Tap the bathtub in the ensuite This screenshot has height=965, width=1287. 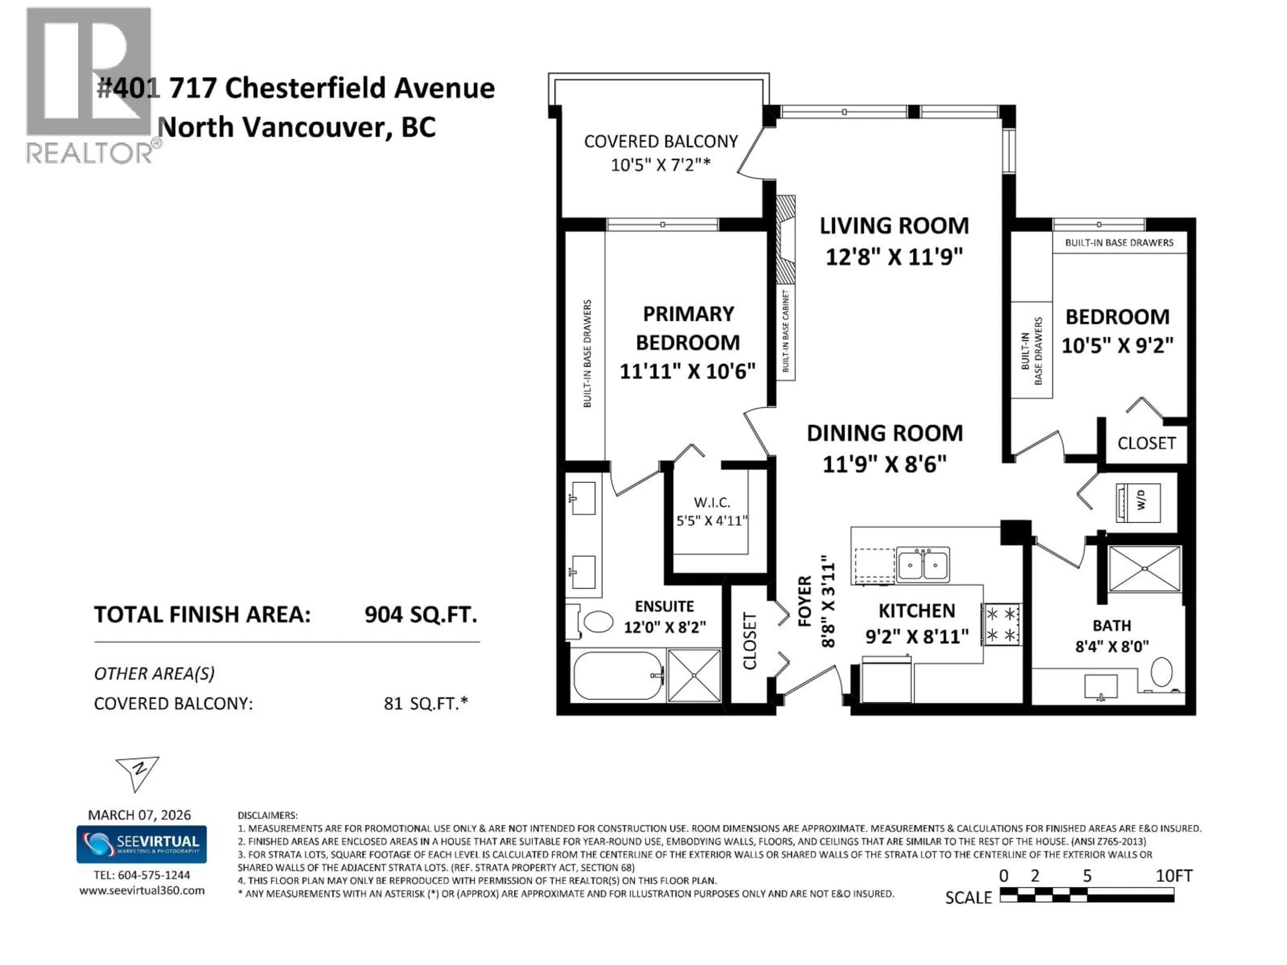coord(618,675)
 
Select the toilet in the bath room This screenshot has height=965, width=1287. coord(1162,672)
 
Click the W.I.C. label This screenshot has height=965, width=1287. coord(712,502)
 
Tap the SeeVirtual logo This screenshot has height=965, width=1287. coord(141,844)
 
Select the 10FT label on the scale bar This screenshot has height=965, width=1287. coord(1173,876)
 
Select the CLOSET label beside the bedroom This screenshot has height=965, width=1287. coord(1146,443)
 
